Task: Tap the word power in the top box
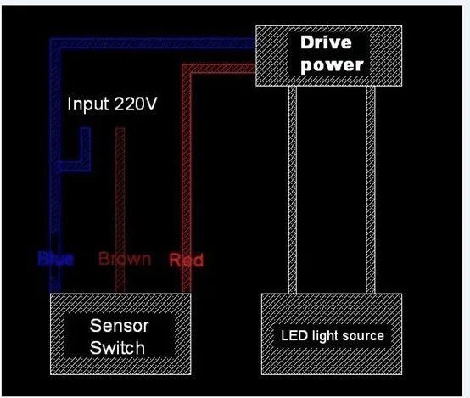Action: (333, 64)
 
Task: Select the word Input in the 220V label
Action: (88, 105)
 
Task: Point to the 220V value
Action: (137, 105)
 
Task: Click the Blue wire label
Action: (55, 259)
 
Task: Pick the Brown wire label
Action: (125, 259)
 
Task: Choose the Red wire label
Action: (186, 260)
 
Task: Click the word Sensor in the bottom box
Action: (119, 327)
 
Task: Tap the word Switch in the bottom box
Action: (119, 347)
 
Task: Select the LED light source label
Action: (333, 336)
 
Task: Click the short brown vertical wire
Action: (120, 187)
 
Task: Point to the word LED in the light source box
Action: (294, 336)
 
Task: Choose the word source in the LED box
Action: (365, 336)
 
